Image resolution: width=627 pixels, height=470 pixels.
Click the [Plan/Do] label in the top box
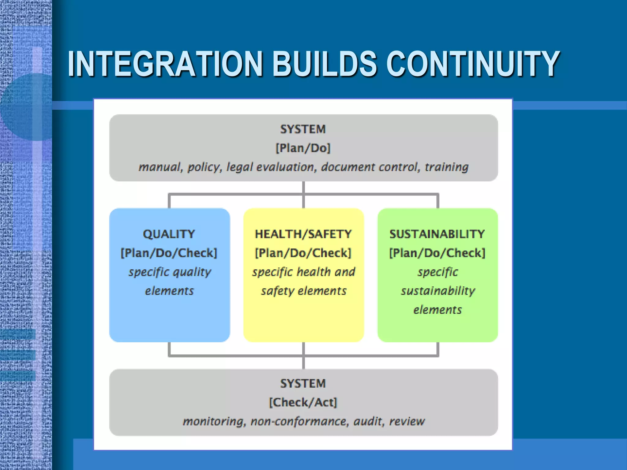coord(303,148)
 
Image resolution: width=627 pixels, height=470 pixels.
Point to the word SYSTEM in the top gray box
coord(303,129)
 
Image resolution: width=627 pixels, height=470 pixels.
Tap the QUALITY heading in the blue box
coord(169,234)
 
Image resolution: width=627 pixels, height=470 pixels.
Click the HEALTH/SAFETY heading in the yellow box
coord(303,234)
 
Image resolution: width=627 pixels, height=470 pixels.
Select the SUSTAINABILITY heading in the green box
coord(437,234)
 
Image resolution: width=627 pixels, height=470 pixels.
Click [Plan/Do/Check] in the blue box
coord(169,253)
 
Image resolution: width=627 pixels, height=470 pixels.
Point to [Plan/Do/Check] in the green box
coord(437,253)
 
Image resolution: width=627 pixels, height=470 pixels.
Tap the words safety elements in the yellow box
coord(304,291)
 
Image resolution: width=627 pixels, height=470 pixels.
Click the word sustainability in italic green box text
coord(438,291)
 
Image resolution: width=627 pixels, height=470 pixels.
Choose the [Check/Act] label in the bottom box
coord(303,402)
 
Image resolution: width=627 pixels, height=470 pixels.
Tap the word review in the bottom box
coord(407,421)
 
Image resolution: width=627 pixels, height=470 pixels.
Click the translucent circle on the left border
coord(31,107)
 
